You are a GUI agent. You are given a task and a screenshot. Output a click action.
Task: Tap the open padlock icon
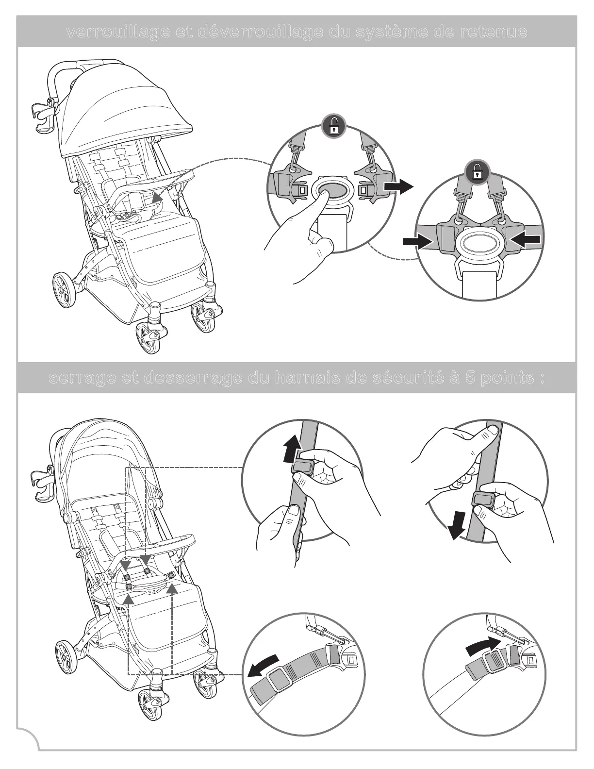click(x=334, y=127)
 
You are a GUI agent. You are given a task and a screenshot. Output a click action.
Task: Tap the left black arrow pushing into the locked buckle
click(x=416, y=241)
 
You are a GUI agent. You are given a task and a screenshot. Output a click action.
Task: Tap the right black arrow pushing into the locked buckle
click(x=526, y=239)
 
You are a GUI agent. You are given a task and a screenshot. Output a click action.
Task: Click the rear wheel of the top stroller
click(x=65, y=290)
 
